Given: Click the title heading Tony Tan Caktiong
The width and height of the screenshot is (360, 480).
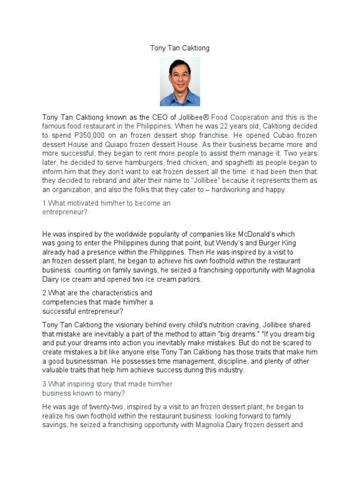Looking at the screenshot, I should tap(180, 48).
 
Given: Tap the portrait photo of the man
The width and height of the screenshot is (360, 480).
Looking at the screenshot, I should tap(180, 82).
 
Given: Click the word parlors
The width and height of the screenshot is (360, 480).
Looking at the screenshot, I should tap(186, 279).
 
